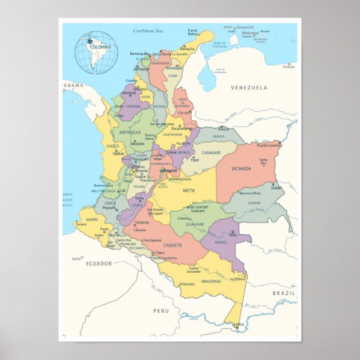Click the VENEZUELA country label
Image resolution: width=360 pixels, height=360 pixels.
click(249, 88)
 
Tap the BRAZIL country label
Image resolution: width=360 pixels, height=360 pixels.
click(283, 292)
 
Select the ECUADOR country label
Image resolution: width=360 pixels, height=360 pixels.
click(98, 263)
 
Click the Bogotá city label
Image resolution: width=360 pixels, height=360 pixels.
click(169, 170)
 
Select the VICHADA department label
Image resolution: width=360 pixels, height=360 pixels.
click(241, 168)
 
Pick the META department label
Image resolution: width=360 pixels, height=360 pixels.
click(188, 191)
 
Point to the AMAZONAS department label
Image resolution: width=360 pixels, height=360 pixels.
click(211, 281)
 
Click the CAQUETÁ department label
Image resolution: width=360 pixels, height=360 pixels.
click(173, 245)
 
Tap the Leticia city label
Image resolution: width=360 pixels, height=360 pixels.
click(239, 325)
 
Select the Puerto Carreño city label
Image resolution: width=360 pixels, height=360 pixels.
click(269, 145)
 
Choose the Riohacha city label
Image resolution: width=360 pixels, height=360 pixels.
click(187, 49)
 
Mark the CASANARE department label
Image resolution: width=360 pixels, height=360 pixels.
click(211, 153)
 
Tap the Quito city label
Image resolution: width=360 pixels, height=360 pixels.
click(76, 259)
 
